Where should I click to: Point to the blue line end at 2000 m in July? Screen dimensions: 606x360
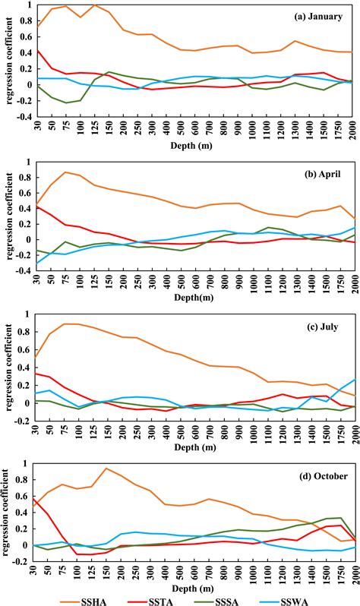(354, 380)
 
